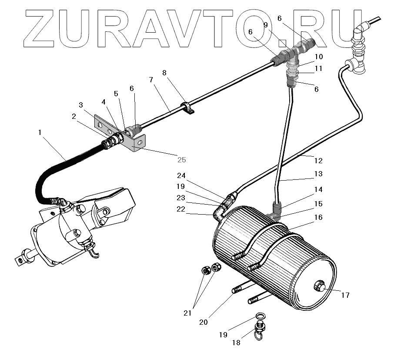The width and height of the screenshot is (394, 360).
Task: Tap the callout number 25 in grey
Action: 181,160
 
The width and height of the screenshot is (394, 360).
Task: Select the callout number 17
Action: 345,296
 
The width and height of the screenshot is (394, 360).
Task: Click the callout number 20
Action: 203,322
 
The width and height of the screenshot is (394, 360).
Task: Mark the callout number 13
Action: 319,174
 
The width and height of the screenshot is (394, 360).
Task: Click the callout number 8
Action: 164,73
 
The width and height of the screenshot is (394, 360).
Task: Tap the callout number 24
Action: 181,176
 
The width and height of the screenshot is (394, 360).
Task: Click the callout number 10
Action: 319,57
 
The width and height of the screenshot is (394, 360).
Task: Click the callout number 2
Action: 74,116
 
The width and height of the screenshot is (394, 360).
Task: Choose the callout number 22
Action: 180,209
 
